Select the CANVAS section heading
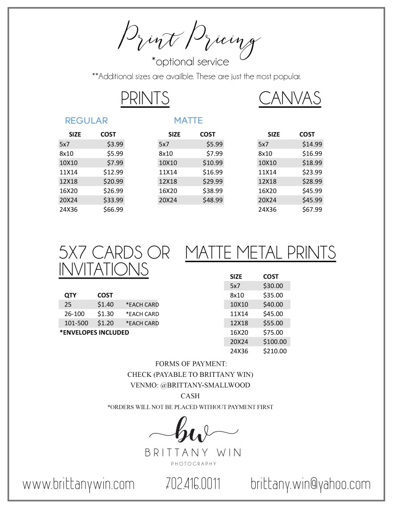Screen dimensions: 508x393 tap(290, 98)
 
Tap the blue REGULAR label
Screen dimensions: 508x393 tap(86, 121)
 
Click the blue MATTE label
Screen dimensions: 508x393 tap(188, 121)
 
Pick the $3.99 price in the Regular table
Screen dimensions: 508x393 tap(115, 144)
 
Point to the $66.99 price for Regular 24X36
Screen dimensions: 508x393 tap(114, 210)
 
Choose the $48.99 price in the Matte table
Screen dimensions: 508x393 tap(213, 200)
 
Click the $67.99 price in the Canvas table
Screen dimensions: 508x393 tap(312, 210)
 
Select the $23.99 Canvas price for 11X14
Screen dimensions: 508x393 tap(312, 172)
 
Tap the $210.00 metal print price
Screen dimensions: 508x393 tap(275, 351)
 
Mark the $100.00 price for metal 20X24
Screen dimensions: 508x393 tap(275, 342)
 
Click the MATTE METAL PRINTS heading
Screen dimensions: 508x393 tap(260, 252)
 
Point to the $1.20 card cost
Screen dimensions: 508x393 tap(105, 323)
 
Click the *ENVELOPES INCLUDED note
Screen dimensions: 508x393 tap(94, 332)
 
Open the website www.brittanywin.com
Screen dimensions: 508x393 tap(79, 484)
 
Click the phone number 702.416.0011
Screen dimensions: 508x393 tap(193, 484)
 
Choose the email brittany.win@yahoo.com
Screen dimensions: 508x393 tap(311, 484)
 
